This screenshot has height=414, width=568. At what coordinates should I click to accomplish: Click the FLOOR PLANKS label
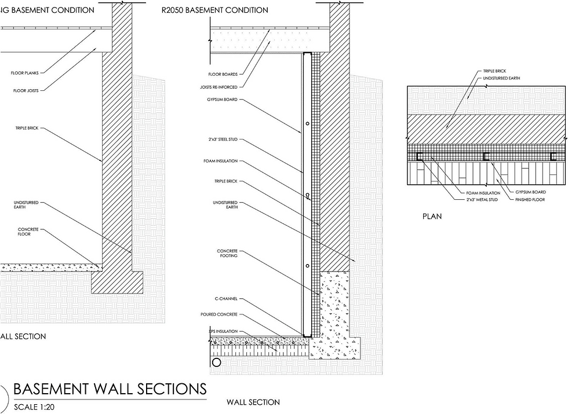tap(25, 73)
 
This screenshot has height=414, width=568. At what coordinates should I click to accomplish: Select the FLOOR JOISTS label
tap(24, 90)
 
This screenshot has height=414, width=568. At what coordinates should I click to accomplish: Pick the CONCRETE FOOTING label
tap(227, 254)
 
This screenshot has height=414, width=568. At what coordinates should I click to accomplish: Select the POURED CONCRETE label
tap(223, 314)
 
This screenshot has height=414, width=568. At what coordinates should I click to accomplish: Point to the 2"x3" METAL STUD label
tap(482, 199)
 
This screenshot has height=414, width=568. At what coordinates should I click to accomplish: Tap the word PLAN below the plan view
tap(432, 217)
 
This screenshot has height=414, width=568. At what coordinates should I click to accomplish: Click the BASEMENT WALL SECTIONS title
tap(110, 388)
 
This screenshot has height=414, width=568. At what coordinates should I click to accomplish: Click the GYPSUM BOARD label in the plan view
tap(531, 192)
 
